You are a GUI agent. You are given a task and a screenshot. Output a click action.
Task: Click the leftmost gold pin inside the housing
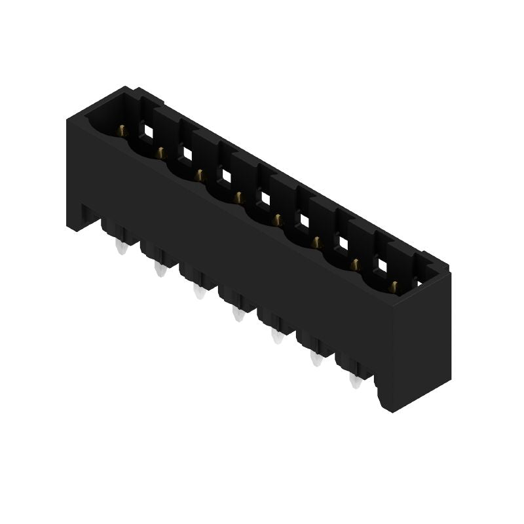(121, 131)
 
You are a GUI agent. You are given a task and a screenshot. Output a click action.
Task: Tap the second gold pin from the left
(159, 153)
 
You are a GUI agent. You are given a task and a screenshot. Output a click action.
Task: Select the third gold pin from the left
(198, 174)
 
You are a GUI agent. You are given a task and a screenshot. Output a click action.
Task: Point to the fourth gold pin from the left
(237, 196)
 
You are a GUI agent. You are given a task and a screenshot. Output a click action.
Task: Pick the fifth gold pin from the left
(276, 218)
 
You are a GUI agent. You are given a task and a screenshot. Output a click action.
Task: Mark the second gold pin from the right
(354, 264)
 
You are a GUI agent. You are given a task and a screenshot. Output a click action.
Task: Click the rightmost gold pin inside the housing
(394, 286)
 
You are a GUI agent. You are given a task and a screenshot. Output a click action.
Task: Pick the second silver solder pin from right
(316, 358)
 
